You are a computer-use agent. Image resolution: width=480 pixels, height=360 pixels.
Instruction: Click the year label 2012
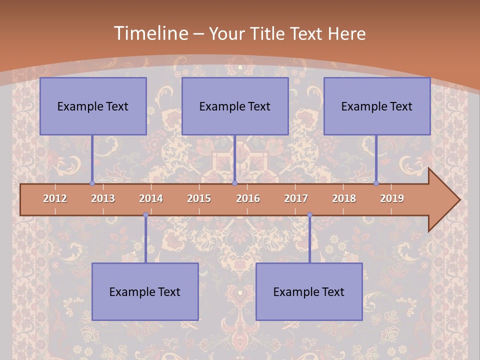point(55,198)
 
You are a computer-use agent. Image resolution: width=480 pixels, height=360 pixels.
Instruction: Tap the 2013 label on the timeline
point(103,198)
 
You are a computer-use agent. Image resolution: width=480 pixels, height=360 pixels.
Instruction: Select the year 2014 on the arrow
point(151,198)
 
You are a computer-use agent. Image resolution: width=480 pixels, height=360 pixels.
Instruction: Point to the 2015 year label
point(199,198)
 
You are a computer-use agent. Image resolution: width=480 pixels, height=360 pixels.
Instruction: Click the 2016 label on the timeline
point(248,198)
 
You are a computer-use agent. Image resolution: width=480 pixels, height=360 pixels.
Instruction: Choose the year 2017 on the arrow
point(296,198)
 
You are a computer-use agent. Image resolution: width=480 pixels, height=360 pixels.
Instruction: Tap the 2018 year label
point(344,198)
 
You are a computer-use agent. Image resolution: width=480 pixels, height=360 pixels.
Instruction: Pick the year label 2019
point(392,198)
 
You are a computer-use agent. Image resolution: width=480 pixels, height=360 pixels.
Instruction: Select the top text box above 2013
point(93,106)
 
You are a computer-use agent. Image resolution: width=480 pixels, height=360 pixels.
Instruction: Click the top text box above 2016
point(235,106)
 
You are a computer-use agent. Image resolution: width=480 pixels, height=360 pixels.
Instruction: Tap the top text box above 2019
point(377,106)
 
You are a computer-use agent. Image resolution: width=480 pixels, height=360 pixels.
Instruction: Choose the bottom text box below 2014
point(145,291)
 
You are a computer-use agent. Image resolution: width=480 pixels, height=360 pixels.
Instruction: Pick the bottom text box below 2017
point(309,291)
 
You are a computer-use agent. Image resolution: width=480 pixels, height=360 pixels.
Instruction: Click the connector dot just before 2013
point(92,183)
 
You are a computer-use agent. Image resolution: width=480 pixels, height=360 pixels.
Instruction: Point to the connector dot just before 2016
point(234,183)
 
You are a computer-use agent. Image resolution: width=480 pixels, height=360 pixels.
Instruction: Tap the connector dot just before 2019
point(376,183)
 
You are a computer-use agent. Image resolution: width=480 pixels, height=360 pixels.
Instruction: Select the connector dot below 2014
point(145,215)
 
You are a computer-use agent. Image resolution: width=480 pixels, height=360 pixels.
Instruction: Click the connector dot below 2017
point(309,215)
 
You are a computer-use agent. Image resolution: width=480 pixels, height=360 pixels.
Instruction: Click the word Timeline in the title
point(150,33)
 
